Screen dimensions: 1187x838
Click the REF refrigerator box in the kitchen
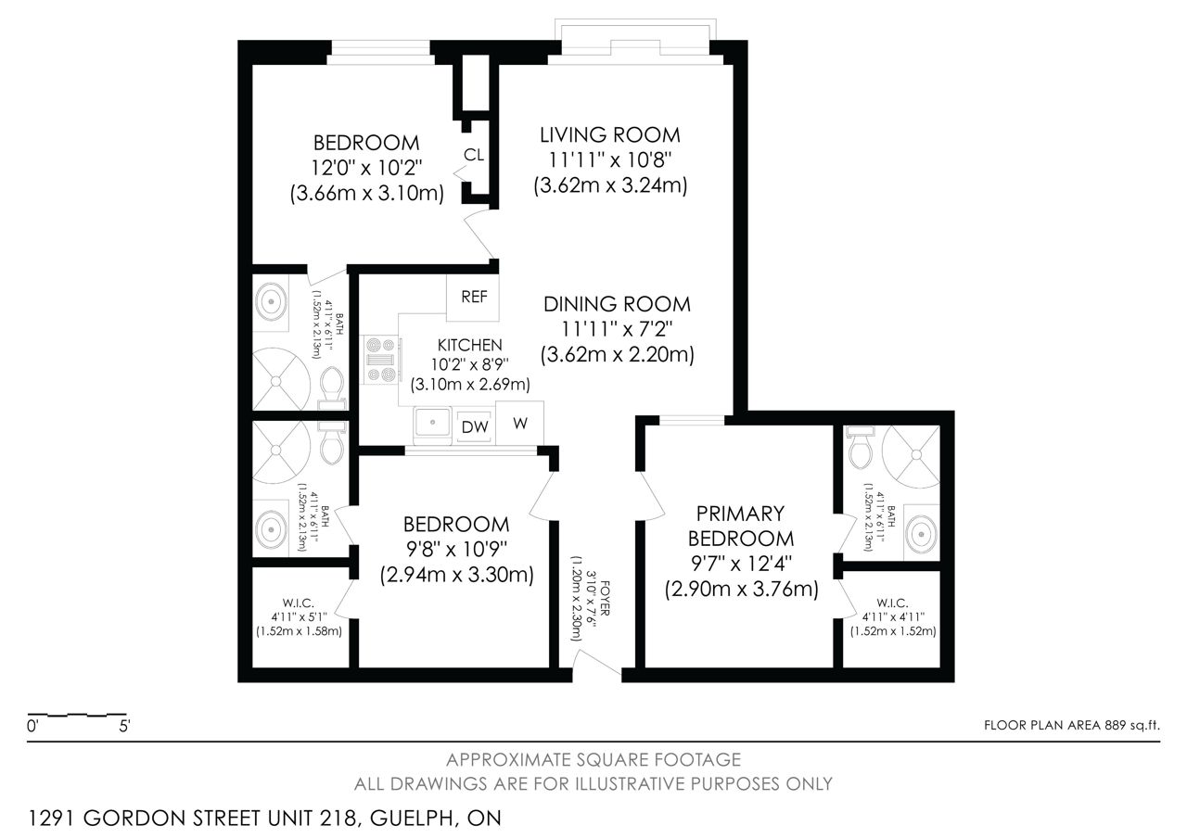(473, 298)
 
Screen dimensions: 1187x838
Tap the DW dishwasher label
(475, 427)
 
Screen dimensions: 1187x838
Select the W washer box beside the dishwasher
(520, 424)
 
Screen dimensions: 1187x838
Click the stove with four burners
(381, 361)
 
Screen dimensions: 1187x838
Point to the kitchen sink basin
(432, 424)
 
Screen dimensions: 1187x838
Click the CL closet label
(474, 155)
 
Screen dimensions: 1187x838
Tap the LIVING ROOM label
(610, 135)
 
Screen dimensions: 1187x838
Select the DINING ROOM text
(618, 304)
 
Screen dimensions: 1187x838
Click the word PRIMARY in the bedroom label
(740, 514)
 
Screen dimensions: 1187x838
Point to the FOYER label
(605, 598)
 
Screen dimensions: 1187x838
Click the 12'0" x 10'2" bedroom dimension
(366, 168)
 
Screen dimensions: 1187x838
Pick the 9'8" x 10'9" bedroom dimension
(456, 550)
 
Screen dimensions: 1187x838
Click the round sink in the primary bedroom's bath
(922, 533)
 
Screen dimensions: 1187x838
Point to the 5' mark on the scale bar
(124, 726)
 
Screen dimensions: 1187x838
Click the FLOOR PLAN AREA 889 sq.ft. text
(1071, 725)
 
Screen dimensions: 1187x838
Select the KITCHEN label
(469, 346)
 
